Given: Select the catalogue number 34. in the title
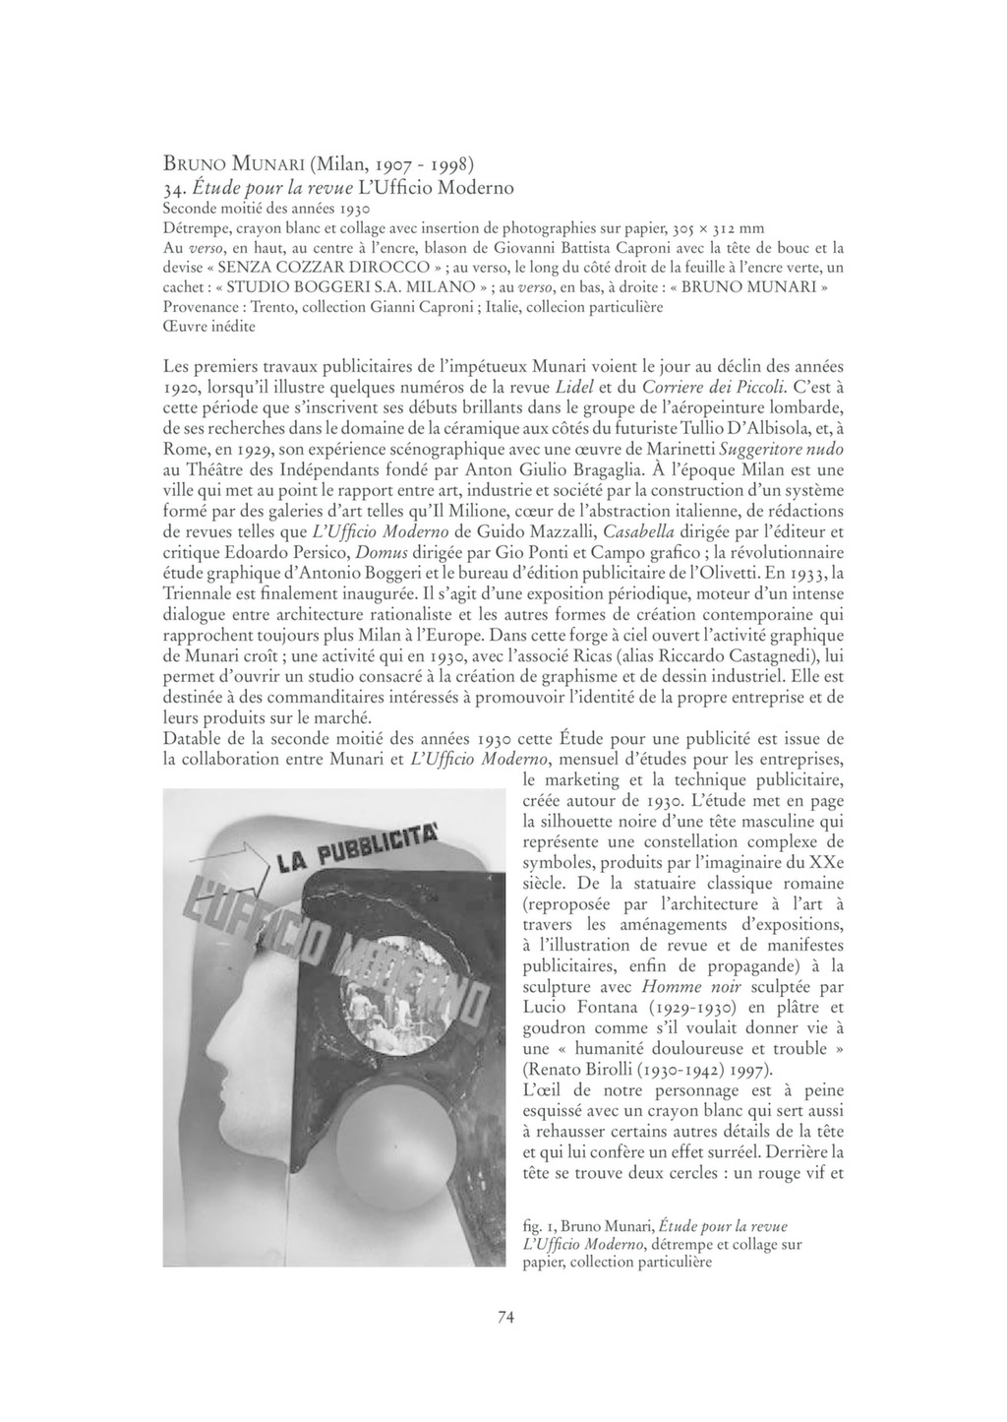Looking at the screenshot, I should click(x=176, y=186).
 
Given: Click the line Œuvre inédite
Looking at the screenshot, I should click(x=208, y=326).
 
